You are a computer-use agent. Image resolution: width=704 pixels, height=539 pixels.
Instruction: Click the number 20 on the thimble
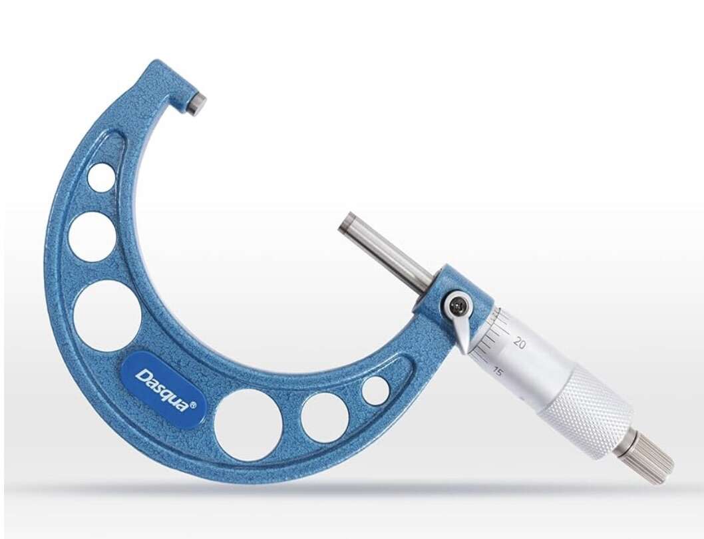(x=520, y=344)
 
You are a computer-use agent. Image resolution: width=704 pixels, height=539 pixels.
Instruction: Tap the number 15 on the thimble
(x=497, y=371)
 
